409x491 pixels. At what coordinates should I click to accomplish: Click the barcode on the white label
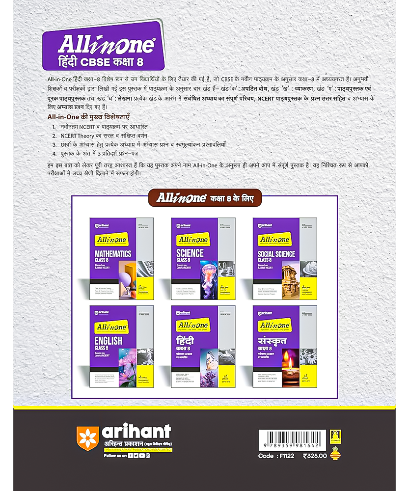tap(293, 440)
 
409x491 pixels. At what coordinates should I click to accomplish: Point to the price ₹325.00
tap(315, 456)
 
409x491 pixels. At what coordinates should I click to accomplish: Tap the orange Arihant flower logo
tap(88, 438)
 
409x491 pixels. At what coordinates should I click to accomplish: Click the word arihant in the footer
tap(136, 432)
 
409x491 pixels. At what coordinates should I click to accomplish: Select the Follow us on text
tap(115, 456)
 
